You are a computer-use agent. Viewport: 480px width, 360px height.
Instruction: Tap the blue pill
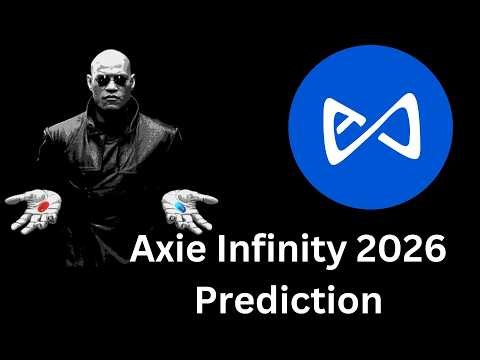181,206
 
